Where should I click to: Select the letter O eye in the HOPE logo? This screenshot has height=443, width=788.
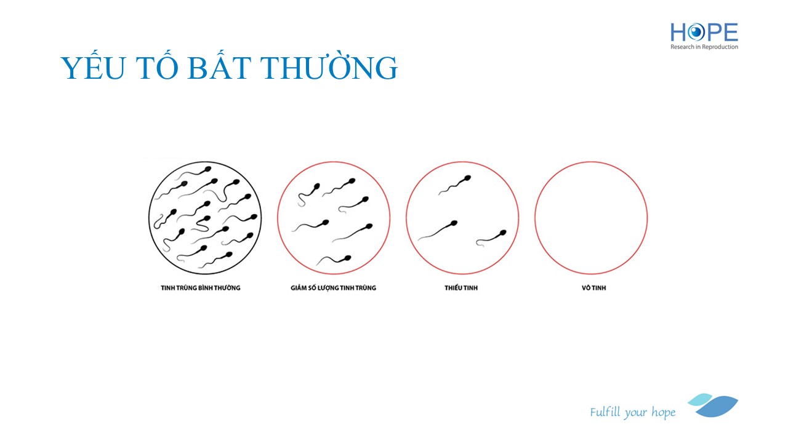[x=696, y=32]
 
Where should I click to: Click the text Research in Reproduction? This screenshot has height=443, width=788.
[x=704, y=47]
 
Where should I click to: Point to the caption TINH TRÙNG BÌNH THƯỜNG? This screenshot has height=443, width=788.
[x=201, y=288]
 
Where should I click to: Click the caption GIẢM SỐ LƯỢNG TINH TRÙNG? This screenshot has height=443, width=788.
[x=333, y=288]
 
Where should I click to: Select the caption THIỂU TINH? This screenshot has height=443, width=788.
[x=461, y=288]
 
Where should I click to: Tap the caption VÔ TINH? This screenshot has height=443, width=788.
[x=594, y=288]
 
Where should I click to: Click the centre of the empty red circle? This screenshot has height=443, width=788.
[x=591, y=218]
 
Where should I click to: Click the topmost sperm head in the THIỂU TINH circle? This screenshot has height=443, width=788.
[x=467, y=178]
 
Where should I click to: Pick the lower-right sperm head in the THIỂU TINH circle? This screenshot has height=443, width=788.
[x=503, y=233]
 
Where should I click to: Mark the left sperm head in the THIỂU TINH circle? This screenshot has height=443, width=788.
[x=454, y=223]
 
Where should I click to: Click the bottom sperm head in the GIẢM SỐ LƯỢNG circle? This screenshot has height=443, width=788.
[x=348, y=258]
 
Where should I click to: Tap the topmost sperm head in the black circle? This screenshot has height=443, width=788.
[x=207, y=169]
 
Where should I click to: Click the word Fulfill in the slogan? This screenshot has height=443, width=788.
[x=605, y=412]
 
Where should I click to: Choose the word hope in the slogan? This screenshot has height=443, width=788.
[x=664, y=412]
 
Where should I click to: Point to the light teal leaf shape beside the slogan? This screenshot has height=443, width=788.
[x=700, y=400]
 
